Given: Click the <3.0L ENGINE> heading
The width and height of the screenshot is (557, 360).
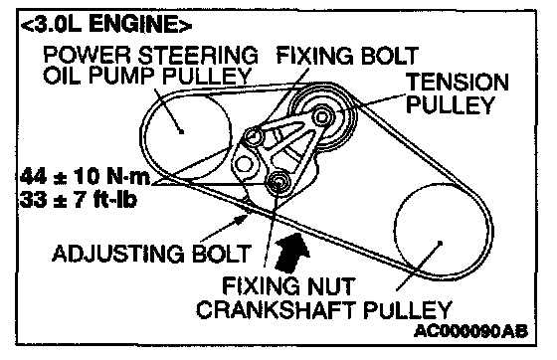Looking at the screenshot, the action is pyautogui.click(x=106, y=25).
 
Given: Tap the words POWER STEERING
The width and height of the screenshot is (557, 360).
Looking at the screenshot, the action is pyautogui.click(x=150, y=55).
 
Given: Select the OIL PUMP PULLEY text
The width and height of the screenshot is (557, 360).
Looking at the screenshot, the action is pyautogui.click(x=147, y=76).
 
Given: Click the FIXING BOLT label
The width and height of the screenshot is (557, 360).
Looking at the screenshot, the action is pyautogui.click(x=347, y=56).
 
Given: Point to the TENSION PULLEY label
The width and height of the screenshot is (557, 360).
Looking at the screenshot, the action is pyautogui.click(x=458, y=93).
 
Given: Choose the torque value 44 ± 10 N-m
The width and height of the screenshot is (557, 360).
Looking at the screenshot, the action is pyautogui.click(x=85, y=176).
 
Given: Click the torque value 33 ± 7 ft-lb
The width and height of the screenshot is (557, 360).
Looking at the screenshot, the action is pyautogui.click(x=79, y=199).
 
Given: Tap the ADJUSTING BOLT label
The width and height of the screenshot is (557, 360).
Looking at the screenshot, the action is pyautogui.click(x=151, y=254).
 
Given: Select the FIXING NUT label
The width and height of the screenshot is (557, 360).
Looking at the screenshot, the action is pyautogui.click(x=288, y=285).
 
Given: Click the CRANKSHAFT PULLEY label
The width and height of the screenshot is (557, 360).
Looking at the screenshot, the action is pyautogui.click(x=324, y=309).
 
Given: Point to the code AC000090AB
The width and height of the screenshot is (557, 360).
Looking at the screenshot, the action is pyautogui.click(x=471, y=331).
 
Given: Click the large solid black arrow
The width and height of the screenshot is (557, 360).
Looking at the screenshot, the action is pyautogui.click(x=291, y=253).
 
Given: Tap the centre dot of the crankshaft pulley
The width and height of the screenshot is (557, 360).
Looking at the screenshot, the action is pyautogui.click(x=440, y=243).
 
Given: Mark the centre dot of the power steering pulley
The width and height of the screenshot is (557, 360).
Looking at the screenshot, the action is pyautogui.click(x=181, y=131).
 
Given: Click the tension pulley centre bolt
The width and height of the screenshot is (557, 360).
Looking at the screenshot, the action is pyautogui.click(x=322, y=116).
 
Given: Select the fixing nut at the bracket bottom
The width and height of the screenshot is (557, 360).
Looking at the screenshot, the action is pyautogui.click(x=278, y=181).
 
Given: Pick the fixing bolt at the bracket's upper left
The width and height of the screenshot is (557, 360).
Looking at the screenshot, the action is pyautogui.click(x=254, y=136).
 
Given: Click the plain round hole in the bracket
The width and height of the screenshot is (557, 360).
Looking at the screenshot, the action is pyautogui.click(x=244, y=164).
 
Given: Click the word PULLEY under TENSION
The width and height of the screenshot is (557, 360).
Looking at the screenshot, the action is pyautogui.click(x=451, y=104).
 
